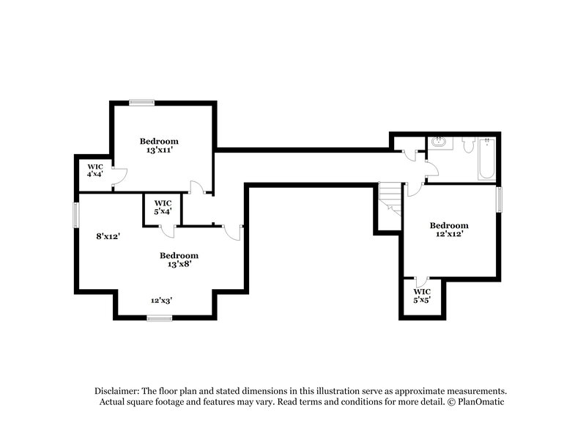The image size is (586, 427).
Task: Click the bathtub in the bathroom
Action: [486, 158]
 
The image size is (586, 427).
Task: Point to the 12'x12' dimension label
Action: [448, 234]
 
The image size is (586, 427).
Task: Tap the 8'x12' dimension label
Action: [107, 236]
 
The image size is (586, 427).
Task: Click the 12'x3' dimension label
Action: [161, 300]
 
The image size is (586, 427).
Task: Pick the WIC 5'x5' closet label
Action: [422, 296]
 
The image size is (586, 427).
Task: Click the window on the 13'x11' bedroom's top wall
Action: [141, 103]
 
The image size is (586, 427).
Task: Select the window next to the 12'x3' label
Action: [159, 318]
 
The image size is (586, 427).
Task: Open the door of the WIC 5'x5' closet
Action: [420, 282]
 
